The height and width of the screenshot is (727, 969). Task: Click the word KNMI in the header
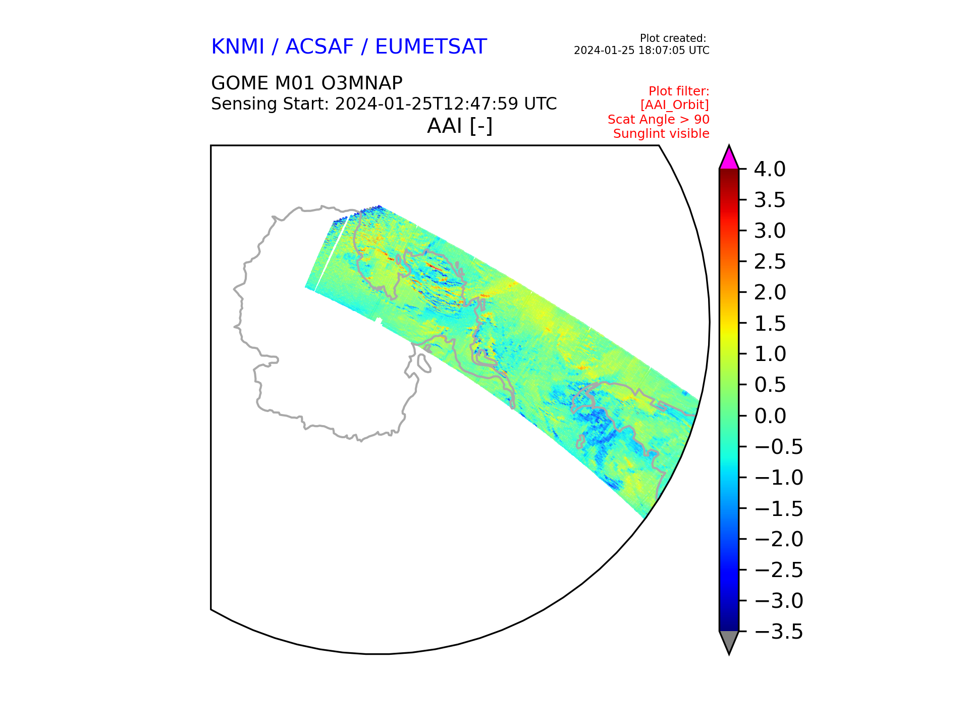tap(238, 47)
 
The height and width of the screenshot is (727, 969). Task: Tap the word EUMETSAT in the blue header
tap(430, 47)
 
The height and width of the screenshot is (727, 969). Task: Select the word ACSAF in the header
tap(319, 47)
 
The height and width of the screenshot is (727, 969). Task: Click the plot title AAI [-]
tap(460, 126)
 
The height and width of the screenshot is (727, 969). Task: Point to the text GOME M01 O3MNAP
tap(307, 83)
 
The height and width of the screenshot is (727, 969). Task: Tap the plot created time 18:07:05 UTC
tap(672, 50)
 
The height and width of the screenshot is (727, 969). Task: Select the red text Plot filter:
tap(679, 91)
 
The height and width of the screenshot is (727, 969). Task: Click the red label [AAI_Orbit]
tap(675, 105)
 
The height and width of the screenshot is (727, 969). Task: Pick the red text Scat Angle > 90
tap(659, 120)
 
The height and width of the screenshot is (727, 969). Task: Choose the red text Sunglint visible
tap(661, 134)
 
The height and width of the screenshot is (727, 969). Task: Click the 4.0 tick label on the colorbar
tap(770, 169)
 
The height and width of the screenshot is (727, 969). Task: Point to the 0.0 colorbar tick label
tap(770, 416)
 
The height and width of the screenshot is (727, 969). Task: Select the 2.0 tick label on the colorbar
tap(770, 293)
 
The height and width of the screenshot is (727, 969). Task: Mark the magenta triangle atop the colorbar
tap(729, 159)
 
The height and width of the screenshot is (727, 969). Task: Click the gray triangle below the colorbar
tap(729, 641)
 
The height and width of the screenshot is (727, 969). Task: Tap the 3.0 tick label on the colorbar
tap(770, 231)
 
